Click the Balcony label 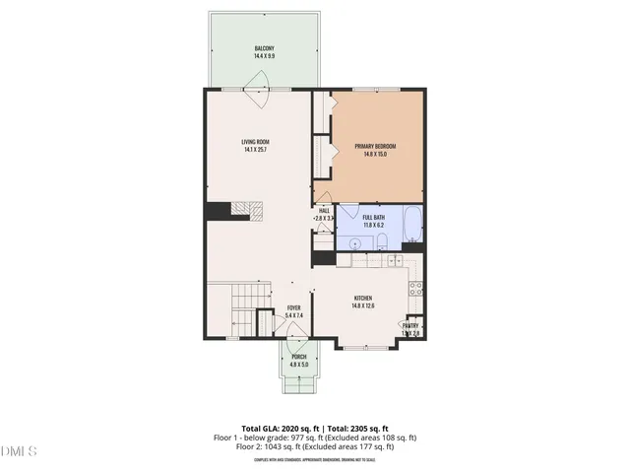click(x=264, y=52)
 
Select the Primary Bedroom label click(x=379, y=150)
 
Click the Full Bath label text click(x=374, y=221)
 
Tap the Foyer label click(x=293, y=311)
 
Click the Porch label click(x=299, y=361)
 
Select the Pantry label click(x=410, y=329)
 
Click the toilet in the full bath click(x=412, y=240)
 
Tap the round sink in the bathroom click(x=354, y=241)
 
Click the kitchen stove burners click(x=416, y=289)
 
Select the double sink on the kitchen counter click(x=395, y=261)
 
